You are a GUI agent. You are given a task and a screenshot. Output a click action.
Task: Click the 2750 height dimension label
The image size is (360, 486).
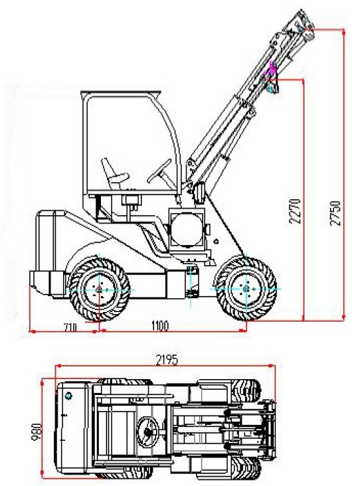point(335,213)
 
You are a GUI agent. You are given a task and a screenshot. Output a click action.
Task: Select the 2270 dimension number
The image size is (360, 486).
point(295,211)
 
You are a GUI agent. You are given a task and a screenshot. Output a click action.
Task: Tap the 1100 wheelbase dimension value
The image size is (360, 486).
point(160,326)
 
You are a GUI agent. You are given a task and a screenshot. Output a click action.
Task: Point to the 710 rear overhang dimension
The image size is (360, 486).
point(70,327)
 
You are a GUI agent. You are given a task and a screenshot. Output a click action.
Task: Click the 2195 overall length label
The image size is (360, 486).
point(167,360)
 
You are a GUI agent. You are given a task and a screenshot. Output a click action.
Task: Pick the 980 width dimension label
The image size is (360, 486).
point(37,432)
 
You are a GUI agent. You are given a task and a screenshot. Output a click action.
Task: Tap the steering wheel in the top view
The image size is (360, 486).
point(147,432)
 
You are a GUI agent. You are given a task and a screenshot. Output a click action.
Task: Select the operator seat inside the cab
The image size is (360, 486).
point(114,174)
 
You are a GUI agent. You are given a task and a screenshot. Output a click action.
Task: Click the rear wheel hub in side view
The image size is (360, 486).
point(99,289)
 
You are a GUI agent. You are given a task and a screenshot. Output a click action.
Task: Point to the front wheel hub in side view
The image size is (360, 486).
point(246,289)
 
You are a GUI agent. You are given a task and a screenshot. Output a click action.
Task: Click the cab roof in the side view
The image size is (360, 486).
point(121,93)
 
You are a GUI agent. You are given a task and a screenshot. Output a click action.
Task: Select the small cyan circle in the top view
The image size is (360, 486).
point(68,396)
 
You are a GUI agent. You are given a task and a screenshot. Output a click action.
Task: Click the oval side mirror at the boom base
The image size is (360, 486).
point(199,193)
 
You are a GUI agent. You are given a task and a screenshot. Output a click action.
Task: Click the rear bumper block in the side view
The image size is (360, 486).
point(48,283)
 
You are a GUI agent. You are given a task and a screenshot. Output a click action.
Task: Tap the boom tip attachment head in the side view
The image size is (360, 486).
point(300,27)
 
